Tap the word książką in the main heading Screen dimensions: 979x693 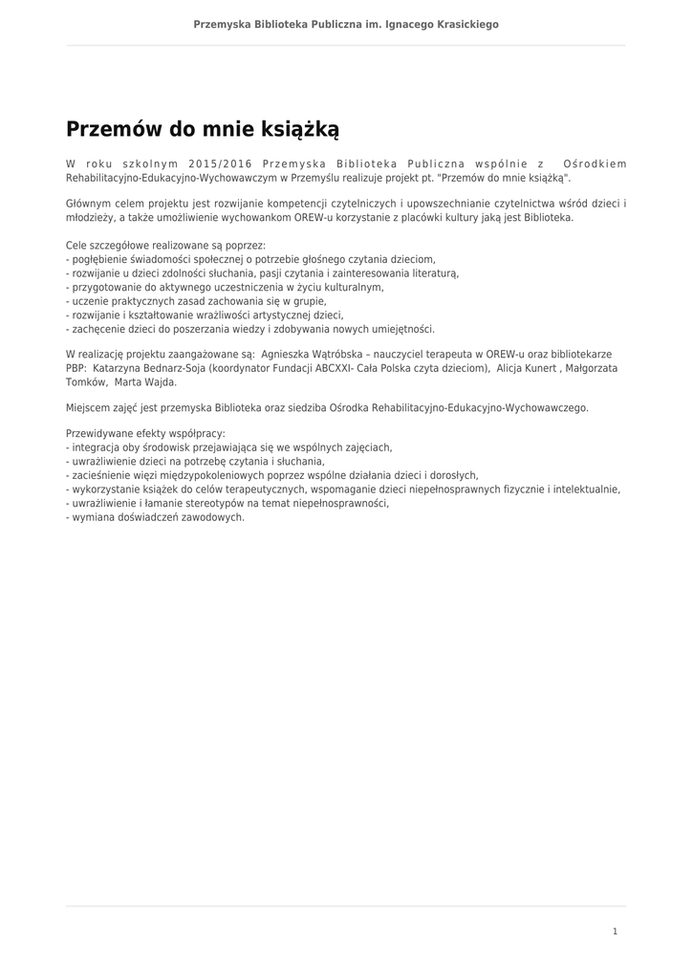[x=297, y=128]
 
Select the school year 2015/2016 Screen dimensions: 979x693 [x=221, y=163]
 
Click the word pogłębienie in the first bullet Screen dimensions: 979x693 [x=98, y=259]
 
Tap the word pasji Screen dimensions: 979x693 [x=286, y=272]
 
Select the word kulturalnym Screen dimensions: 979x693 [x=351, y=287]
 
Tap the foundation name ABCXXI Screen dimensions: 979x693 [x=355, y=368]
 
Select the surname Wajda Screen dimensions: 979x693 [x=159, y=381]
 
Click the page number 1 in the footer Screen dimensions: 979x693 [x=615, y=931]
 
